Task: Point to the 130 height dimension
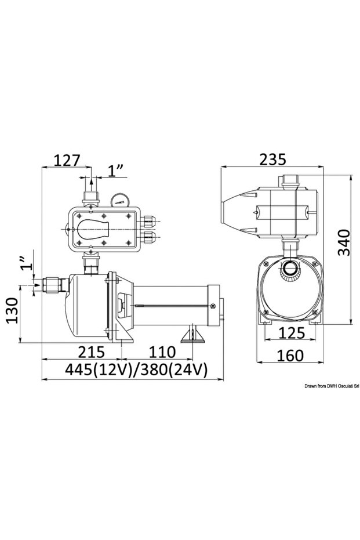[x=10, y=312]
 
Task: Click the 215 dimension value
[x=91, y=351]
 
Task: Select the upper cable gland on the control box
[x=150, y=220]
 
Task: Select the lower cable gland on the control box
[x=150, y=237]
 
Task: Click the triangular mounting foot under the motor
[x=191, y=336]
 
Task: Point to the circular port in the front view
[x=289, y=269]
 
